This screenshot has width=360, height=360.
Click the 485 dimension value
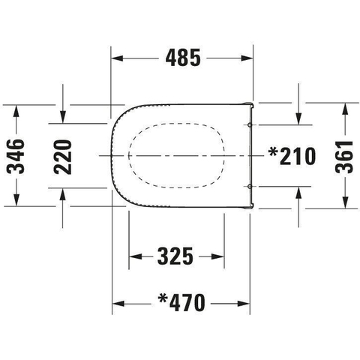[x=183, y=58]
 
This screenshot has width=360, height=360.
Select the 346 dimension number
[x=16, y=157]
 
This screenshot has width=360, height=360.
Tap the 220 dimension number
[x=63, y=157]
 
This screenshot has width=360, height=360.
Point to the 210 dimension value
[x=298, y=156]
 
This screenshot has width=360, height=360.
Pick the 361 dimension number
[x=344, y=157]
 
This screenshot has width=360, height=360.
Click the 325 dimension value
[x=175, y=256]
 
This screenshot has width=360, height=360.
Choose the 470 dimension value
[x=187, y=303]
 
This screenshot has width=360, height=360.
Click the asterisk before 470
[x=163, y=298]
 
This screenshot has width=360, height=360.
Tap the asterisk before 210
[x=273, y=151]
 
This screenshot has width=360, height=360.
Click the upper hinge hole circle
[x=249, y=124]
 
